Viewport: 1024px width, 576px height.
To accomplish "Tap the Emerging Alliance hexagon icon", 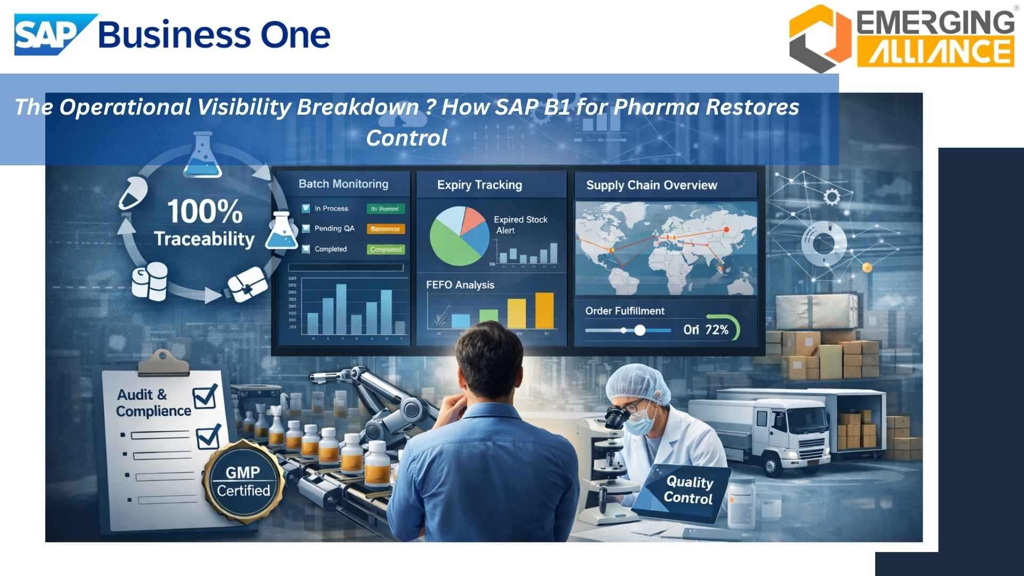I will click(820, 38).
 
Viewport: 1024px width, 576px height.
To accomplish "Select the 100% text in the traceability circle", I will click(205, 211).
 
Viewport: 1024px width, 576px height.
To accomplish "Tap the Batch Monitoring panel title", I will click(343, 184).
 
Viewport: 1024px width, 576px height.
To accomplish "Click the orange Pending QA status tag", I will click(386, 229).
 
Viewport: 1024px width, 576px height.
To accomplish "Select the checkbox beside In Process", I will click(306, 209).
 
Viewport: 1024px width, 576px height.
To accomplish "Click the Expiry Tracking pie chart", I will click(459, 236).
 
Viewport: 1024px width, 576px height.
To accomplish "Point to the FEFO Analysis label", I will click(460, 285).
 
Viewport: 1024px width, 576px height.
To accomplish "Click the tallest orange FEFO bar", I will click(544, 310).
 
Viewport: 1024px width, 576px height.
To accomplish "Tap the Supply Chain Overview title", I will click(651, 185).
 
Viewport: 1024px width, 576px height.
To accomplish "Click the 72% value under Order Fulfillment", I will click(717, 330).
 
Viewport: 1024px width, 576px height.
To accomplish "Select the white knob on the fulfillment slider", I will click(639, 330).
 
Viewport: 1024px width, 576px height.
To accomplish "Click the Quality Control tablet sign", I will click(688, 491).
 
